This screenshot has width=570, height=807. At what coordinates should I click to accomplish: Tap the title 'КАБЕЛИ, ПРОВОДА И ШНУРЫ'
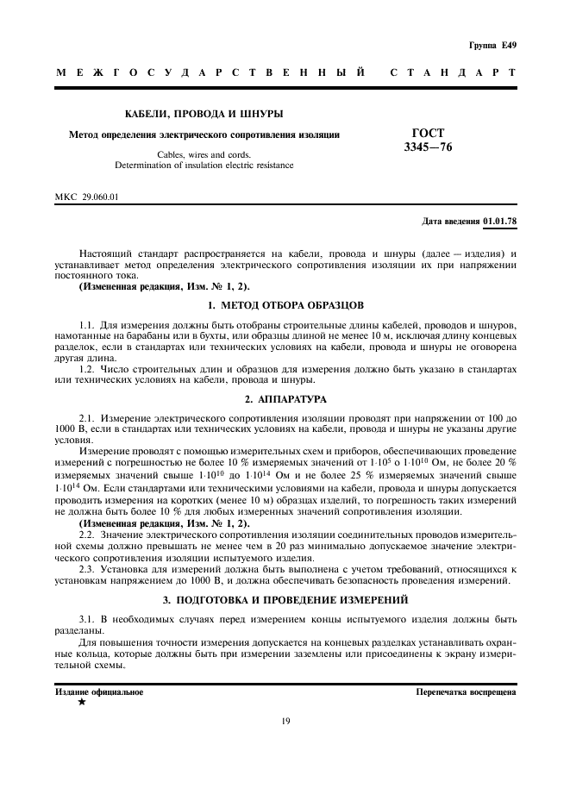204,114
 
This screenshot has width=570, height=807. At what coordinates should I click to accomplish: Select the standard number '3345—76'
428,147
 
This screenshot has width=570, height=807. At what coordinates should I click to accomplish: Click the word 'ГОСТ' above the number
429,134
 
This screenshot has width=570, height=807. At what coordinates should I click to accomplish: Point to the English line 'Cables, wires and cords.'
204,154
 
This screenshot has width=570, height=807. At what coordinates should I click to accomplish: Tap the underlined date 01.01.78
499,221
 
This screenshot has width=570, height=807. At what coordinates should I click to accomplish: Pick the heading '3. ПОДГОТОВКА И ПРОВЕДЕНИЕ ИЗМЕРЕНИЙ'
285,598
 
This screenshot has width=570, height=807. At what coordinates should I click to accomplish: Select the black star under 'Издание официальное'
82,703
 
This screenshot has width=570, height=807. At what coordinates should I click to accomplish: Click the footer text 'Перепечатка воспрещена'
466,691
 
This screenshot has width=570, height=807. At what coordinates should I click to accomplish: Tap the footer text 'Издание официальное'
100,691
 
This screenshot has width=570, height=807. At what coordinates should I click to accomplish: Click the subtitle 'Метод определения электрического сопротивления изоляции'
204,134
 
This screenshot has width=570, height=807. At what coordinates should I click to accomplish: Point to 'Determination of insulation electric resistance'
204,165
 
